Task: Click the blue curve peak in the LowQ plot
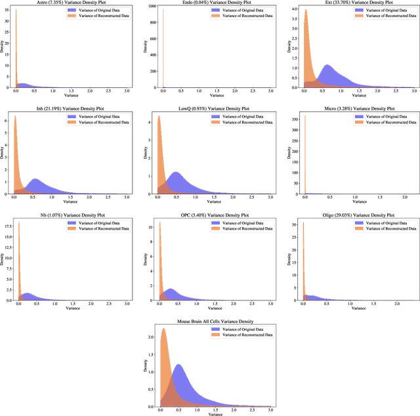(177, 173)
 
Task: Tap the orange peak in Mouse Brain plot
(163, 329)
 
